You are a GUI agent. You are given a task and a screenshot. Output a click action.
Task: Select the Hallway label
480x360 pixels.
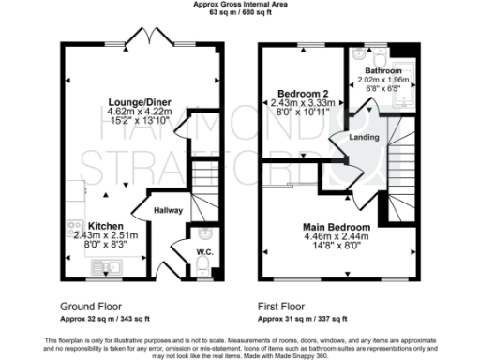pyautogui.click(x=168, y=210)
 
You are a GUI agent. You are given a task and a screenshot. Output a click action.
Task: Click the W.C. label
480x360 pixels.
pyautogui.click(x=204, y=252)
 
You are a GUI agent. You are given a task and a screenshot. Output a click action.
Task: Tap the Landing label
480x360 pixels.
pyautogui.click(x=363, y=138)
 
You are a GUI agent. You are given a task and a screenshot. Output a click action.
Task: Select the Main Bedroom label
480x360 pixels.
pyautogui.click(x=336, y=227)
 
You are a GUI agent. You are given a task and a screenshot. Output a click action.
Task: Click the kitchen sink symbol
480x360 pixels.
pyautogui.click(x=103, y=269)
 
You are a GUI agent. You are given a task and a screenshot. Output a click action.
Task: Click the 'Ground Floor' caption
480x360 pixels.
pyautogui.click(x=92, y=307)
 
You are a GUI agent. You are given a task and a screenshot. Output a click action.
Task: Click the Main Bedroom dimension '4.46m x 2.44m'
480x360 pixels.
pyautogui.click(x=335, y=237)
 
